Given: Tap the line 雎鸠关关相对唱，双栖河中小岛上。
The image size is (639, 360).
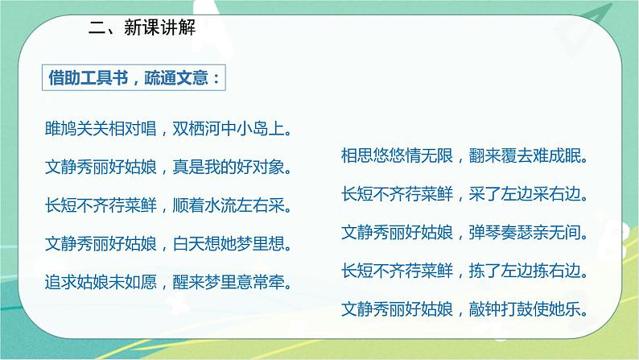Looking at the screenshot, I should coord(168,127).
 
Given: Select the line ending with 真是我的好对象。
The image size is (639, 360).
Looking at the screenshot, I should coord(168,167).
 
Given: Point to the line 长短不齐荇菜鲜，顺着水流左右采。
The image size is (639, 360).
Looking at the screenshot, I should coord(168,205).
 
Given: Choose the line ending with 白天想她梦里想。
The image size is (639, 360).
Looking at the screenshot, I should coord(168,242).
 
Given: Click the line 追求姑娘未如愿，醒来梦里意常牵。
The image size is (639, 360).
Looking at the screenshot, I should coord(168,281).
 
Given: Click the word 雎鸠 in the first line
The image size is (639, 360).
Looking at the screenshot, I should coord(60,127).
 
